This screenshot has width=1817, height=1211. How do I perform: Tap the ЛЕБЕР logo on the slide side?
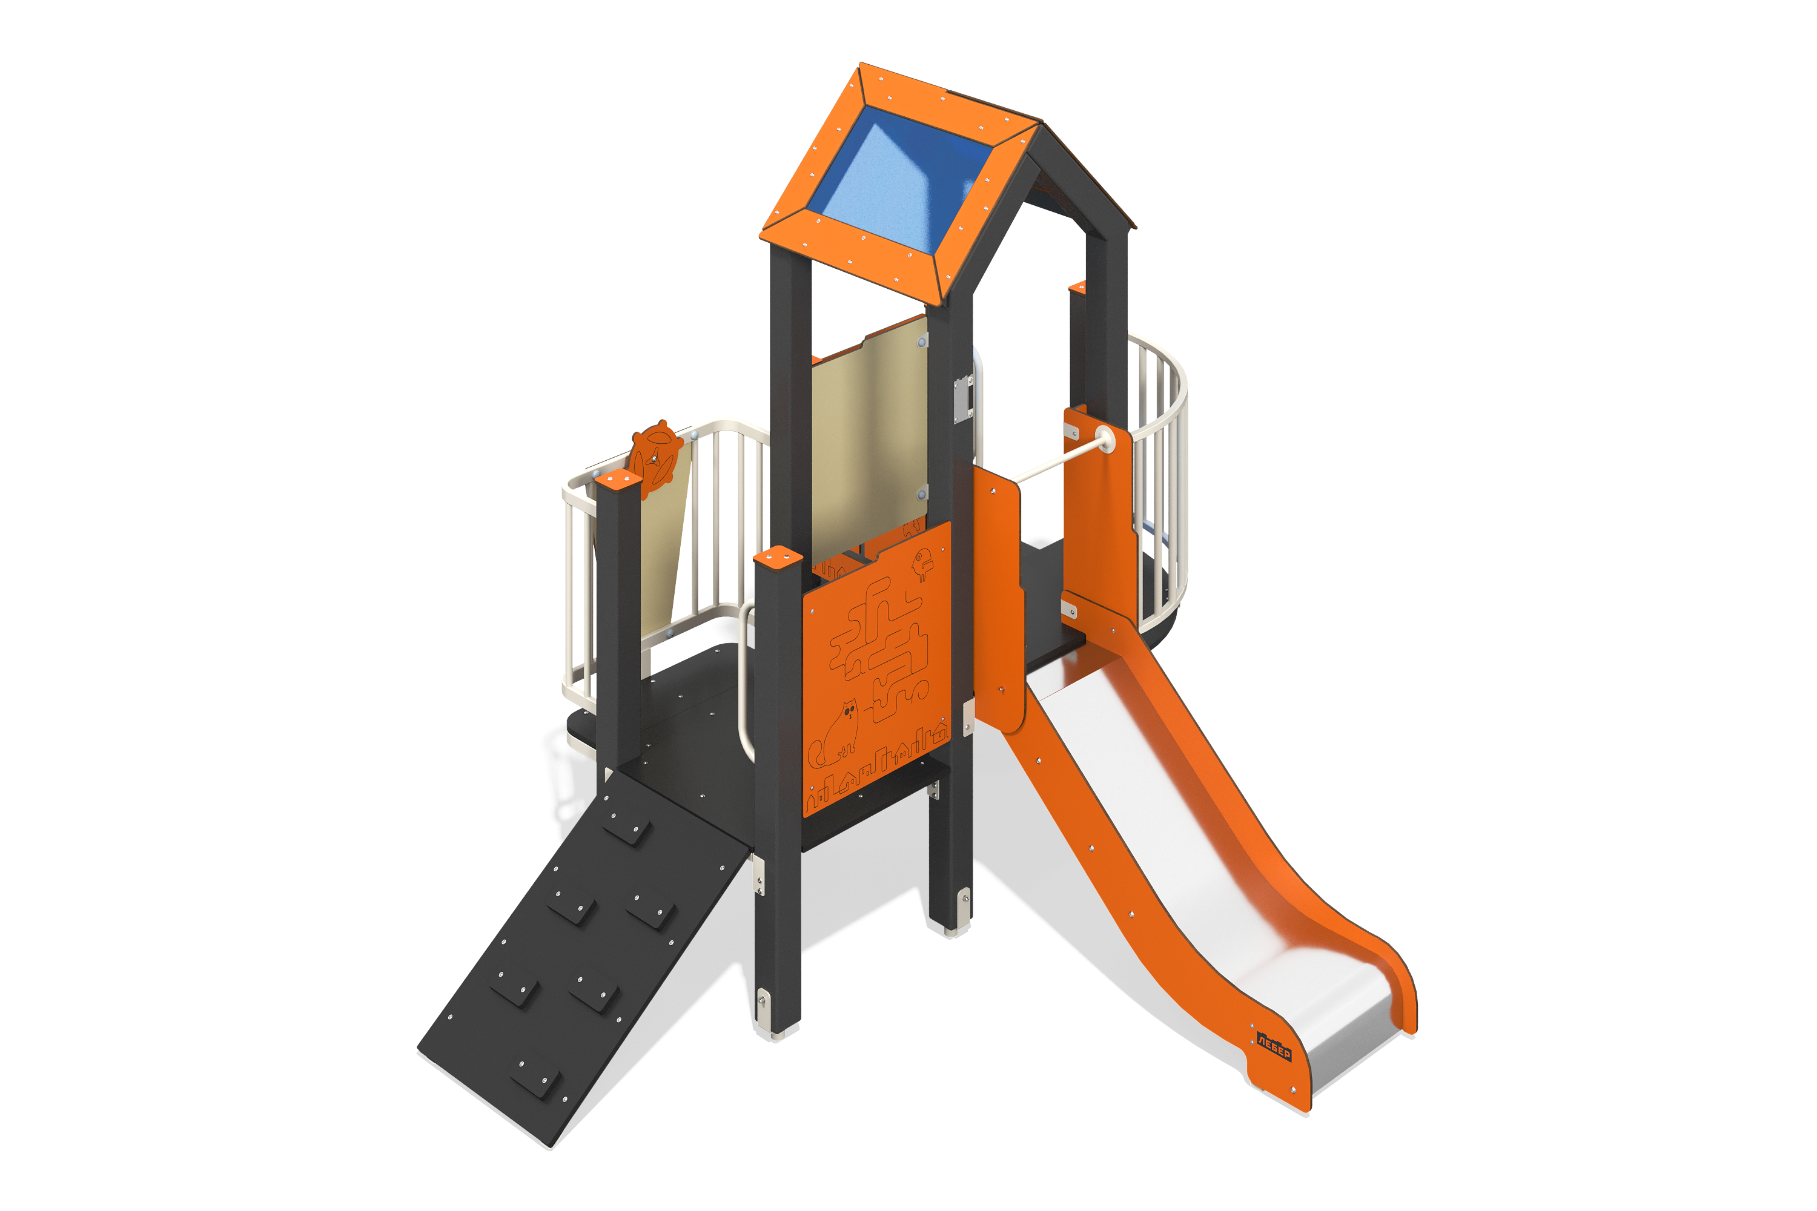1273,1046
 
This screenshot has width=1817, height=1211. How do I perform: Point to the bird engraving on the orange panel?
922,564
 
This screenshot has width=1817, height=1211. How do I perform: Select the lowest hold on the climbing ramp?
535,1076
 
